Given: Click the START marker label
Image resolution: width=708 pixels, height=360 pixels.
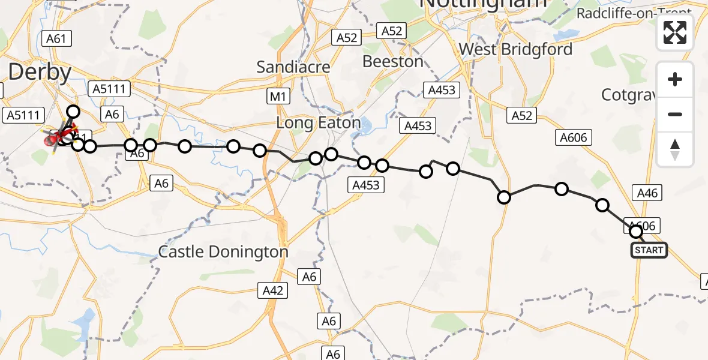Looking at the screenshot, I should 649,250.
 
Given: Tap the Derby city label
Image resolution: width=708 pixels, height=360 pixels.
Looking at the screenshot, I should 40,73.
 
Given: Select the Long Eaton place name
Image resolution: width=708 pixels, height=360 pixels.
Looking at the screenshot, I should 319,124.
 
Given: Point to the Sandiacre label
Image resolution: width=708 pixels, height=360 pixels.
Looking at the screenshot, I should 293,67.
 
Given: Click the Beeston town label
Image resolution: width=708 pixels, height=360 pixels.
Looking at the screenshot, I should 393,61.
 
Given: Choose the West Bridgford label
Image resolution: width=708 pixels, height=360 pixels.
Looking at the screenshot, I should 515,49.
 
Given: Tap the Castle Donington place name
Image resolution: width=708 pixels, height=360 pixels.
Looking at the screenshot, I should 223,252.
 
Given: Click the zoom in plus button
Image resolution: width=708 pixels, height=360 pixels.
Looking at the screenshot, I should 675,80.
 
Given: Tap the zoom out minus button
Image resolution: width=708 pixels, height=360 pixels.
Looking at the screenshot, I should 675,114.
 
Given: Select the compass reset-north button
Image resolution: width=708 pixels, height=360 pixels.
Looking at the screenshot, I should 675,149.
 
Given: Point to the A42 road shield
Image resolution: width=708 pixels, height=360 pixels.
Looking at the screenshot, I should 273,291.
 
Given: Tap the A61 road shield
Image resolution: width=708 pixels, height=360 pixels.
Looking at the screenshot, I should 56,39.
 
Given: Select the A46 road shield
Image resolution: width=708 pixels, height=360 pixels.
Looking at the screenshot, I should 647,193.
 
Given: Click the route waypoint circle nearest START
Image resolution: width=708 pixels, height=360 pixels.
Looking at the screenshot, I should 635,230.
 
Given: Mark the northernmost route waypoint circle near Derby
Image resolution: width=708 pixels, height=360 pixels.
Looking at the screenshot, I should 73,111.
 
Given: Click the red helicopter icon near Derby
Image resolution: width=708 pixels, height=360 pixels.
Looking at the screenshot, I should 53,139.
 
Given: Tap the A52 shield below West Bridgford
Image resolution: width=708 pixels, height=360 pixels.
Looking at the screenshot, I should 521,116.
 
